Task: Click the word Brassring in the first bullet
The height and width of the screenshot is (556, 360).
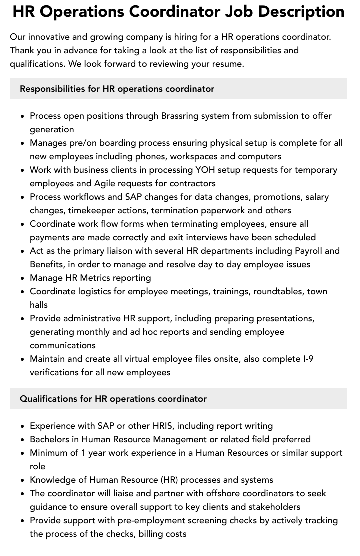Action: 181,116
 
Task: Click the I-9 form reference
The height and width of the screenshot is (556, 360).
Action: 305,359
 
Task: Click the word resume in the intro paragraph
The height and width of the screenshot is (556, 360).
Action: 228,64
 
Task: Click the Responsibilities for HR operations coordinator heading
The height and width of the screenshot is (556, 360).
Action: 117,89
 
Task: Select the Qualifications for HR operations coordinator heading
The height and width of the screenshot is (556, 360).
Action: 113,399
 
